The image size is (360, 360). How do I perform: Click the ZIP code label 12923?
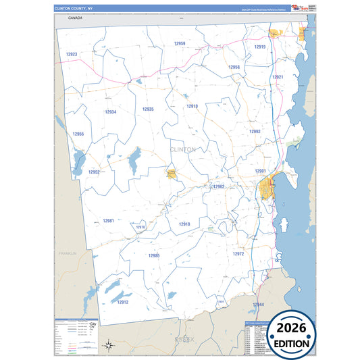click(x=72, y=54)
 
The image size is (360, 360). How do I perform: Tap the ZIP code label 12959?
click(x=180, y=43)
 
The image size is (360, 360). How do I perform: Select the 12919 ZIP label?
click(x=260, y=47)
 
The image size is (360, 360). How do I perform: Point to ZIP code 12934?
click(x=111, y=112)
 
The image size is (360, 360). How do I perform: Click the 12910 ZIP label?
click(x=192, y=107)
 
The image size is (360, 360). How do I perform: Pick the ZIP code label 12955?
click(x=78, y=134)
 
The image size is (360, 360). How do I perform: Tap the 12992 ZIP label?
click(x=255, y=132)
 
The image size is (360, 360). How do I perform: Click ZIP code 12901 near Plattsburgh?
click(x=260, y=171)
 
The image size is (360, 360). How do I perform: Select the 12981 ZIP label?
click(x=109, y=221)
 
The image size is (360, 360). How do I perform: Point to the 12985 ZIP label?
click(x=154, y=256)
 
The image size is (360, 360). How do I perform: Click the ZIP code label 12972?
click(x=238, y=254)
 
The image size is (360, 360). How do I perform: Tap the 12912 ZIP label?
click(x=122, y=302)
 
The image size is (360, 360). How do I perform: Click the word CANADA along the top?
click(x=75, y=18)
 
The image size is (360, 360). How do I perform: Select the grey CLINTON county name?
click(x=183, y=149)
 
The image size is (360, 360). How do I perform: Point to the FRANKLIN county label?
click(x=68, y=253)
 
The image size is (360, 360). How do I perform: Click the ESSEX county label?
click(x=184, y=338)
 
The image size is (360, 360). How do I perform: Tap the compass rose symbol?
click(x=108, y=346)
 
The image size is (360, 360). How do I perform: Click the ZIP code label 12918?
click(x=184, y=224)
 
